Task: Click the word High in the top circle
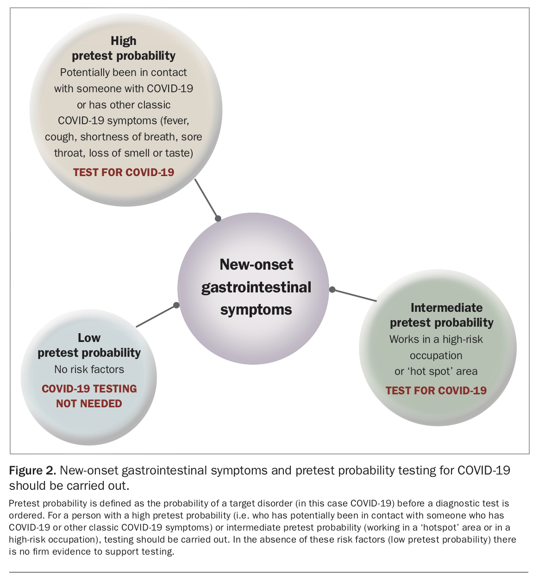click(123, 41)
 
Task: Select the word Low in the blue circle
click(89, 338)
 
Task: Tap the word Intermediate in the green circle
click(447, 308)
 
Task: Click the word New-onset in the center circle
click(256, 265)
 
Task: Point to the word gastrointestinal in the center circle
click(256, 288)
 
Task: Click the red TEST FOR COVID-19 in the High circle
click(124, 172)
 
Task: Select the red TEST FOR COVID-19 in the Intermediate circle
click(436, 391)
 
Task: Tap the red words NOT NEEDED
click(89, 404)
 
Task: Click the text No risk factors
click(89, 369)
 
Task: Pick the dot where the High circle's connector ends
click(218, 218)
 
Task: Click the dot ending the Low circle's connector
click(176, 305)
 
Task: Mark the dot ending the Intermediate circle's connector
click(332, 290)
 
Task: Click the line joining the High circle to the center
click(206, 199)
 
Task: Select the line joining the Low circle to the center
click(156, 316)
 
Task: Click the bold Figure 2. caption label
click(32, 471)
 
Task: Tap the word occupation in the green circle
click(436, 356)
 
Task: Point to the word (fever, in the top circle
click(175, 121)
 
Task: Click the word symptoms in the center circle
click(256, 310)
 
